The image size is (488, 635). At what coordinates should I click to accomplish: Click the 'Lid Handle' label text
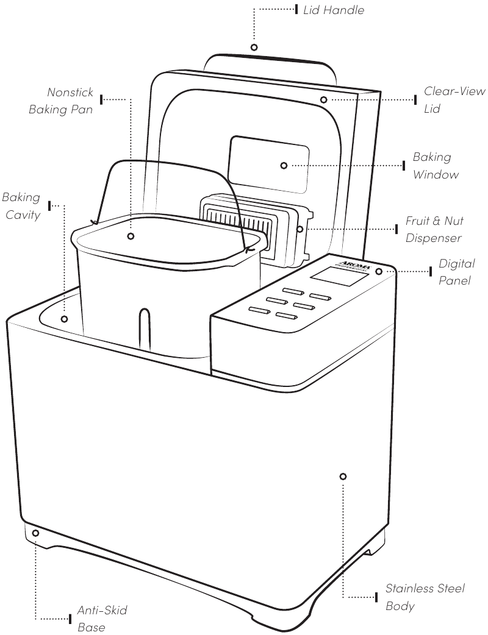(x=333, y=10)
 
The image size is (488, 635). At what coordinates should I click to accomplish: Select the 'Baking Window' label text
(x=435, y=166)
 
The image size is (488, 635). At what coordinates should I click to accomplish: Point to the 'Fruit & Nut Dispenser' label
(x=434, y=229)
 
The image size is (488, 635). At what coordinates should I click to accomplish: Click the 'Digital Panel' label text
(x=456, y=272)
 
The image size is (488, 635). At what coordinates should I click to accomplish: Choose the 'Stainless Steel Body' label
(x=425, y=597)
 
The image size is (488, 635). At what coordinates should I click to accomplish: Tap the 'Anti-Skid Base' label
(x=102, y=618)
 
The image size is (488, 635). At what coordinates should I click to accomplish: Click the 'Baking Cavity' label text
(x=21, y=206)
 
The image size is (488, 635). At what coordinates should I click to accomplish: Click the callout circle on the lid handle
(x=254, y=48)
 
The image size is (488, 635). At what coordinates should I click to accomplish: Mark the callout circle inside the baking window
(x=284, y=166)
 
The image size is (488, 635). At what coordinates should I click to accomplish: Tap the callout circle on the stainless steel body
(x=343, y=476)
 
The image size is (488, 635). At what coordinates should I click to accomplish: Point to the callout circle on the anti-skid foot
(x=35, y=533)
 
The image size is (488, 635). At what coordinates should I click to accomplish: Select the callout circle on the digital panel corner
(x=379, y=271)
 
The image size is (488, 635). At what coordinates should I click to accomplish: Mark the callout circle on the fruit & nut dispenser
(x=300, y=229)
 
